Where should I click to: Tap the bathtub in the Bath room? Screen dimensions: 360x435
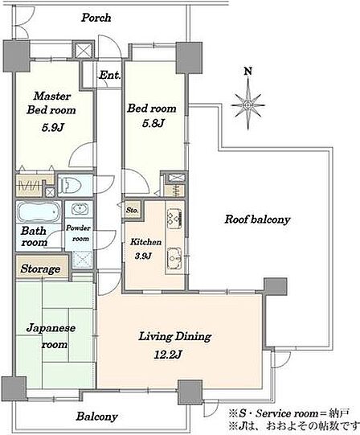tap(39, 211)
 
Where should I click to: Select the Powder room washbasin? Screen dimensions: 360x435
tap(80, 208)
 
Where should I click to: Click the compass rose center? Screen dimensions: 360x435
tap(247, 105)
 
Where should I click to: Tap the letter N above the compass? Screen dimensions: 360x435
tap(248, 72)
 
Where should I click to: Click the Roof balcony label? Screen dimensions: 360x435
tap(257, 220)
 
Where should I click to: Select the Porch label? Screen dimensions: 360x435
tap(96, 18)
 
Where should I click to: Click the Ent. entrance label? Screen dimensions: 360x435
tap(109, 75)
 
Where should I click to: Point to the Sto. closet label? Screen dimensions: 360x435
tap(132, 211)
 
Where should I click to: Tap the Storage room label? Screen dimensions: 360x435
tap(40, 269)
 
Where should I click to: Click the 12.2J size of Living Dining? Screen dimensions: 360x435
tap(168, 355)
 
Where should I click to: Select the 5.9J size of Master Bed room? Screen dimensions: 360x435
tap(53, 127)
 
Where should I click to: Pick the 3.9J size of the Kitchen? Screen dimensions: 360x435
tap(143, 256)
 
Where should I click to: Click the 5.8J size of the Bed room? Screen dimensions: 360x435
tap(153, 123)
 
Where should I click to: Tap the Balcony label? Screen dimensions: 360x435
tap(96, 417)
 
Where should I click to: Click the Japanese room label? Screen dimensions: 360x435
tap(51, 336)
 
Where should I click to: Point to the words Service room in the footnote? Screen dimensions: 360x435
tap(287, 413)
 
